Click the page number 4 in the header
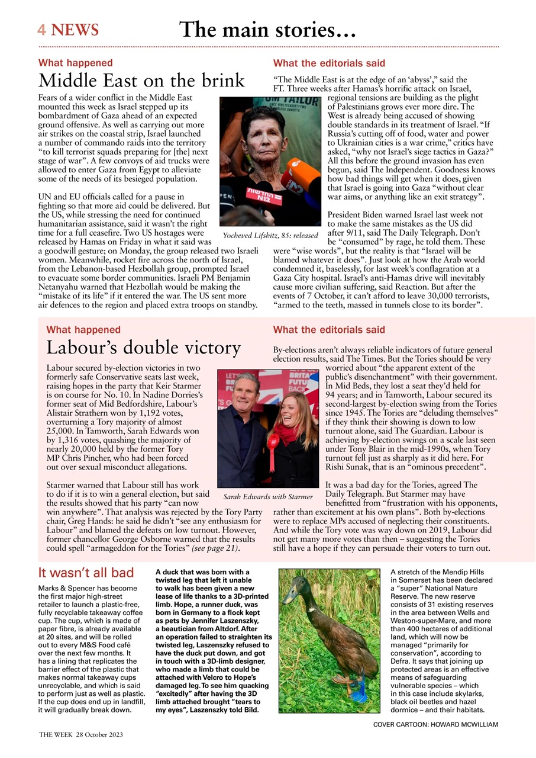point(41,30)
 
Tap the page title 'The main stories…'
point(267,29)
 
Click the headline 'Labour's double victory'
point(143,348)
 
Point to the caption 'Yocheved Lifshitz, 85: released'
point(270,235)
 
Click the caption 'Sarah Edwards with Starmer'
point(267,497)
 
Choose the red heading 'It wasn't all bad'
point(86,573)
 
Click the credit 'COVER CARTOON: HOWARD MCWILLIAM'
point(435,724)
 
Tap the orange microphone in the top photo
point(294,172)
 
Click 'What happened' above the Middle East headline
point(75,63)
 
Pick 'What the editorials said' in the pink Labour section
point(329,330)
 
